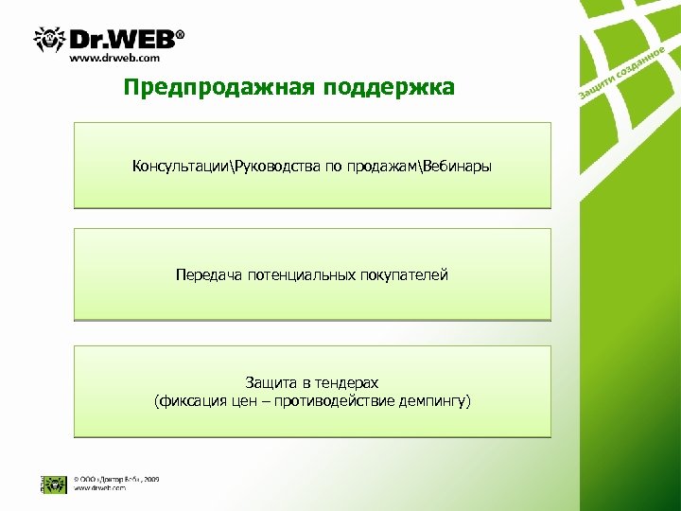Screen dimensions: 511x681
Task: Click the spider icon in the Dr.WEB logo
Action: [50, 40]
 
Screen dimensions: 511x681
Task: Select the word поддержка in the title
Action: [390, 88]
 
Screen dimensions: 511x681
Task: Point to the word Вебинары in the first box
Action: [458, 167]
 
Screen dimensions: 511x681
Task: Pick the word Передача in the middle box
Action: [208, 275]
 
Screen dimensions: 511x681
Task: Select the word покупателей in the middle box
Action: [404, 275]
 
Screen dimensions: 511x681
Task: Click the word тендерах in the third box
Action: [347, 383]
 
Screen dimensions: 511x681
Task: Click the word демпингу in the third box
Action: [435, 401]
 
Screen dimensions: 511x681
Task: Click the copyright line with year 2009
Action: [116, 479]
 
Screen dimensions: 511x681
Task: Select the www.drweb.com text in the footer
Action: [100, 488]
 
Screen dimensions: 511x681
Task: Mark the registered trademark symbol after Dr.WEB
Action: [180, 34]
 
